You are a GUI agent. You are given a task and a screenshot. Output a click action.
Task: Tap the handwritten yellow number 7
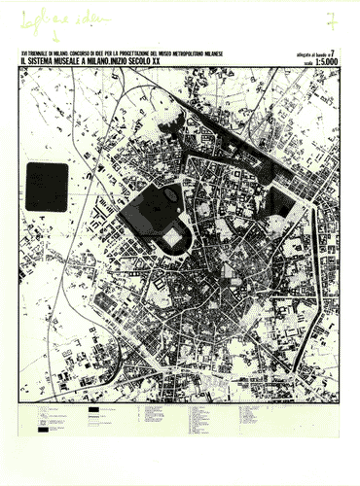click(333, 18)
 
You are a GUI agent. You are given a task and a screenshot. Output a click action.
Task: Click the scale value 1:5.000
click(327, 62)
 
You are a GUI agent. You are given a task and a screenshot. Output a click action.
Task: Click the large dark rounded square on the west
click(46, 187)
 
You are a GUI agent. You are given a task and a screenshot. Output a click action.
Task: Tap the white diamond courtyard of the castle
click(173, 236)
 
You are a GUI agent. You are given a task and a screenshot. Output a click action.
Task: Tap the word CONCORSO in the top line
click(83, 53)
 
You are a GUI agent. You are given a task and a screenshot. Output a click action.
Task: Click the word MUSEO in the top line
click(169, 53)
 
